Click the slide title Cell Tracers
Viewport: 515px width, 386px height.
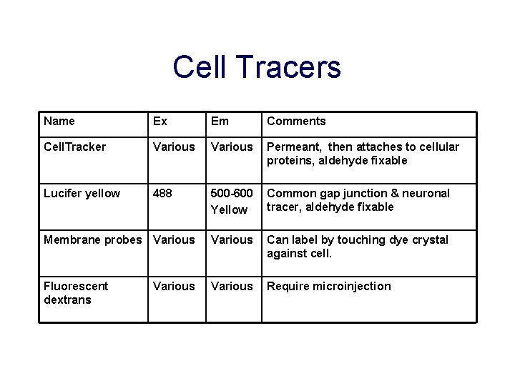pos(257,67)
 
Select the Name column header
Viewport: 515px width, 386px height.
pos(59,122)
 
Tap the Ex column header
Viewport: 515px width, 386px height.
pos(160,122)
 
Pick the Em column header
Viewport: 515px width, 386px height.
pos(220,122)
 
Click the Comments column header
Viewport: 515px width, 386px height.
pos(296,122)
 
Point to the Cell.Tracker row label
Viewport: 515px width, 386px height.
pos(74,147)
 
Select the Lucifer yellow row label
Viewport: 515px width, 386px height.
pos(82,193)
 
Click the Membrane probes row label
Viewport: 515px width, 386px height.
pos(93,239)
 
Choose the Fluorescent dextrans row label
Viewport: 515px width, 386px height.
pos(76,292)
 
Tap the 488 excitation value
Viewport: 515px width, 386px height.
pos(163,193)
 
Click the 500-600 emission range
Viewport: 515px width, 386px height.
pos(232,193)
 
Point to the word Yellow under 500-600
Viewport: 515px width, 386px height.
pos(228,209)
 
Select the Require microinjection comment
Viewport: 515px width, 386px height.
pos(329,286)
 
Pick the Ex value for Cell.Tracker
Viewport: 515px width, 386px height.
pos(174,147)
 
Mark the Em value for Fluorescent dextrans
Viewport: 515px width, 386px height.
pos(232,286)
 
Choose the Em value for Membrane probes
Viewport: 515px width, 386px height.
pos(232,239)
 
